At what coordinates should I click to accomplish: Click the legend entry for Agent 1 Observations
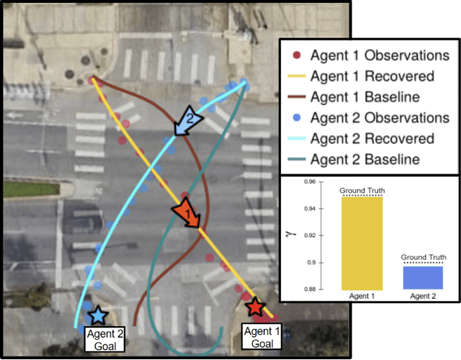pyautogui.click(x=368, y=55)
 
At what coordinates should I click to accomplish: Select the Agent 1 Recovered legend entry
pyautogui.click(x=368, y=76)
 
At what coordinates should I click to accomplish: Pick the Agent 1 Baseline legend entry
pyautogui.click(x=368, y=97)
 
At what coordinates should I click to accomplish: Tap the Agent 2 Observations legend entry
pyautogui.click(x=368, y=117)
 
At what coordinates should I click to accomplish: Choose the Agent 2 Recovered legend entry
pyautogui.click(x=368, y=138)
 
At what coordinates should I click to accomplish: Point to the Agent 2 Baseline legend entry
pyautogui.click(x=368, y=159)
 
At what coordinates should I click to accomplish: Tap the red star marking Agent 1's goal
pyautogui.click(x=255, y=307)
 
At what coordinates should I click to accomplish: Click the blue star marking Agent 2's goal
pyautogui.click(x=97, y=315)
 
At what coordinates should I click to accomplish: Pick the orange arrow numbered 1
pyautogui.click(x=185, y=213)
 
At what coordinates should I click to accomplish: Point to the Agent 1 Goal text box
pyautogui.click(x=257, y=337)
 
